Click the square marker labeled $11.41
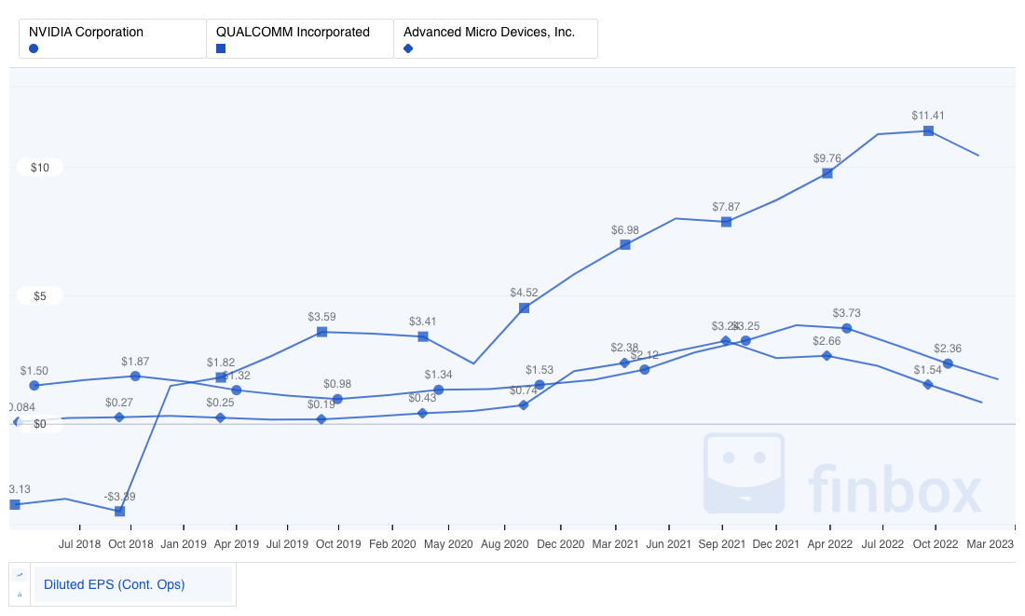(x=928, y=131)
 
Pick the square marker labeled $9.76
(x=827, y=173)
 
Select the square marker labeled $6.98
(x=625, y=244)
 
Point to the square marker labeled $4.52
(x=524, y=308)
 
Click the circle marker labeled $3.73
(x=846, y=328)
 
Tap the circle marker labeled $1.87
(x=135, y=376)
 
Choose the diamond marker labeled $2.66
(x=827, y=356)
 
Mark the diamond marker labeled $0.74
(x=524, y=404)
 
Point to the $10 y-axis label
(x=40, y=168)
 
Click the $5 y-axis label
(x=38, y=296)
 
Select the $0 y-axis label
(x=38, y=424)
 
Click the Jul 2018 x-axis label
(x=80, y=543)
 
